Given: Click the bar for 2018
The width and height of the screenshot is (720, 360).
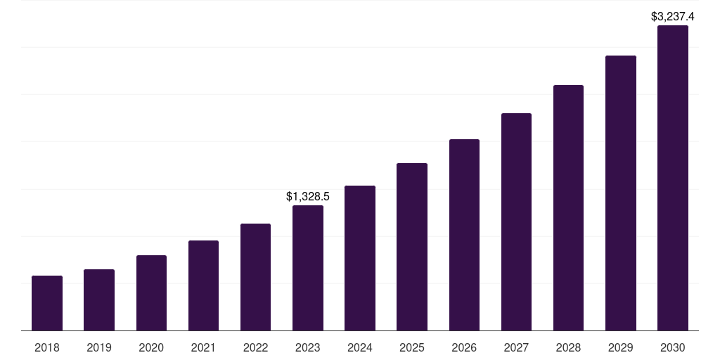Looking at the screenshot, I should pyautogui.click(x=47, y=303).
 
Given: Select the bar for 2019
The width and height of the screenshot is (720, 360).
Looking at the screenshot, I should pyautogui.click(x=99, y=300).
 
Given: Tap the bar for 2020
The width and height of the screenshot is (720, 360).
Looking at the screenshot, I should pyautogui.click(x=151, y=292).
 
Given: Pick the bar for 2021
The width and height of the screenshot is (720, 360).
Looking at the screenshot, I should pyautogui.click(x=203, y=285).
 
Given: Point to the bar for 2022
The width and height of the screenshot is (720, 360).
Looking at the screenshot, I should pyautogui.click(x=255, y=277).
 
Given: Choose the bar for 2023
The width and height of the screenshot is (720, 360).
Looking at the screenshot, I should pyautogui.click(x=308, y=268).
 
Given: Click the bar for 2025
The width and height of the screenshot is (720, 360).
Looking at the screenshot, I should pyautogui.click(x=412, y=247).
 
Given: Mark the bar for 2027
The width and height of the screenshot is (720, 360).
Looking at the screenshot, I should pyautogui.click(x=516, y=221).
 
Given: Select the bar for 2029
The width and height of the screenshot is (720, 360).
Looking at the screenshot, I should pyautogui.click(x=621, y=193).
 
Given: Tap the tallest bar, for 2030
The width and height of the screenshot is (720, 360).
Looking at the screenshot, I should pyautogui.click(x=673, y=178).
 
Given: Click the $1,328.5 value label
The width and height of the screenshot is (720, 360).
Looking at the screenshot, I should pyautogui.click(x=308, y=197).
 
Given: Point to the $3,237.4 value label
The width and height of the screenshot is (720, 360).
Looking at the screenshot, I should pyautogui.click(x=673, y=15).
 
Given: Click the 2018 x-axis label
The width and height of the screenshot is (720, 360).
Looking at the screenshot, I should pyautogui.click(x=47, y=347).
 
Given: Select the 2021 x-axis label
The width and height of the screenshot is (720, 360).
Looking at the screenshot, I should pyautogui.click(x=203, y=347).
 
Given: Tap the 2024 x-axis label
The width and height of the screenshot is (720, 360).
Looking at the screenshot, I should pyautogui.click(x=360, y=347).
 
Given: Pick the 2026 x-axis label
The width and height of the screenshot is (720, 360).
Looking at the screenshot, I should pyautogui.click(x=464, y=347).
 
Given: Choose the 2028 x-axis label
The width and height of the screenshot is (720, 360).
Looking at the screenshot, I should pyautogui.click(x=568, y=347).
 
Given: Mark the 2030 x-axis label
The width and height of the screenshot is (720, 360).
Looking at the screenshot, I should pyautogui.click(x=673, y=347).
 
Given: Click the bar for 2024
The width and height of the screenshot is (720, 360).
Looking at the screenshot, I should pyautogui.click(x=360, y=258).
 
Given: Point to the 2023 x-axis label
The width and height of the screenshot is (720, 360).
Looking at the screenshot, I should pyautogui.click(x=308, y=347).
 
